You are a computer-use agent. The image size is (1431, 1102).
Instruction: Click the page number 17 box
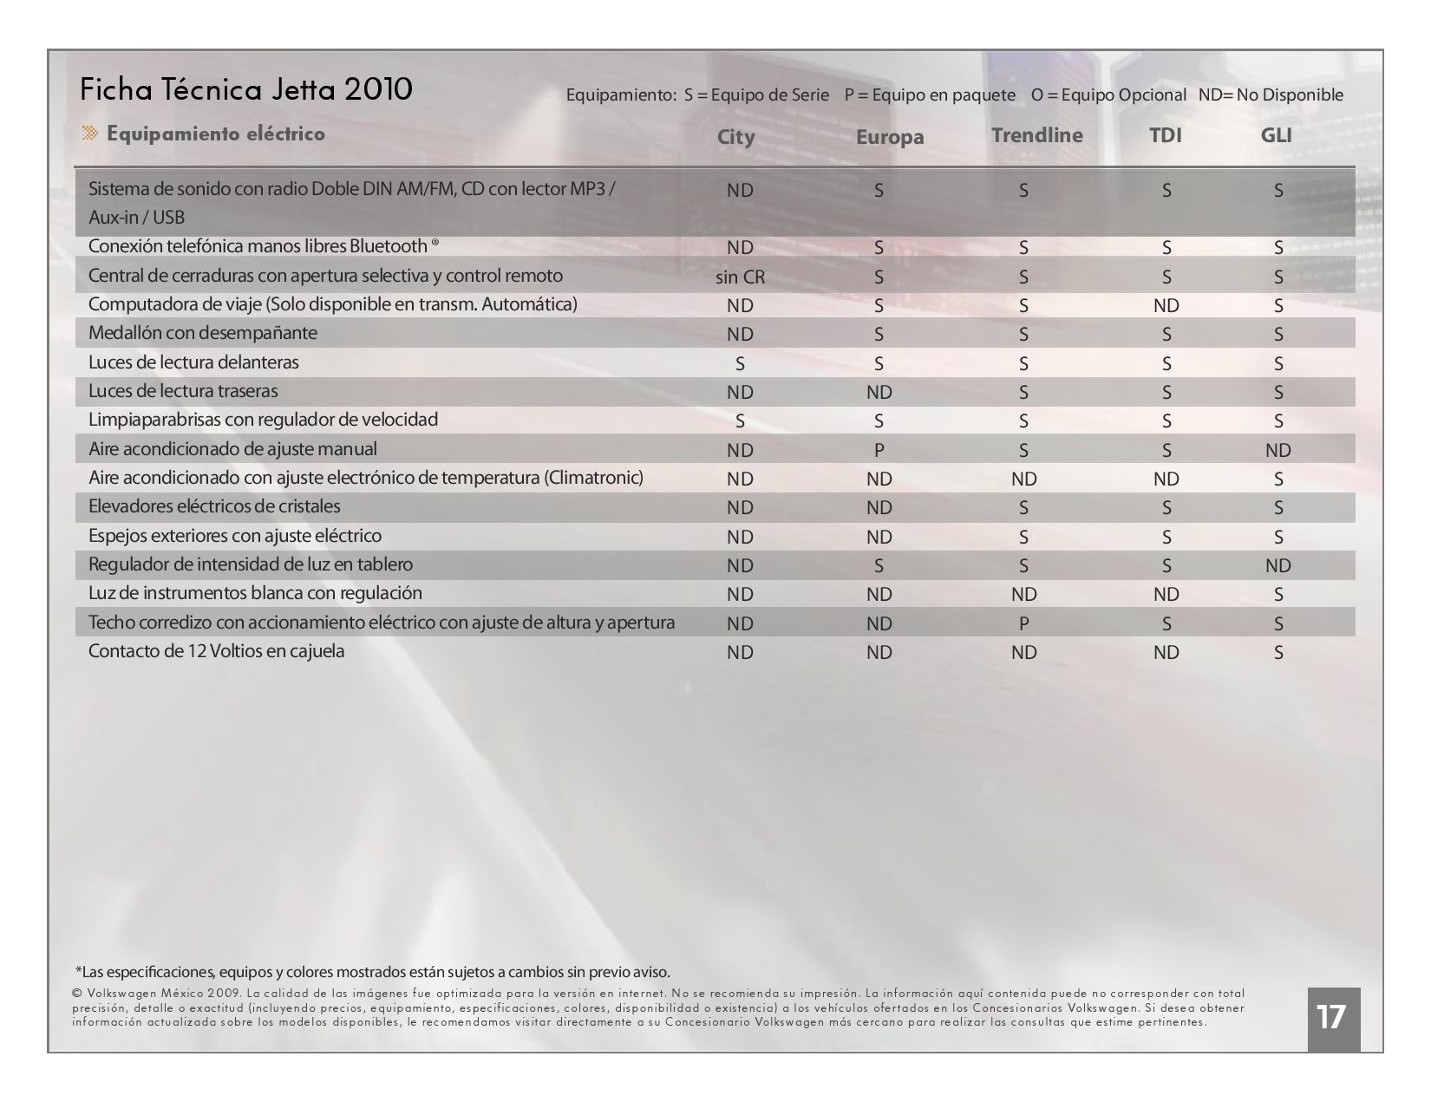point(1333,1019)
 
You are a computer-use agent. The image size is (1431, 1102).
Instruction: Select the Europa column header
point(890,138)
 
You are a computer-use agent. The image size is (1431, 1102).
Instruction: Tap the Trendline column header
point(1036,135)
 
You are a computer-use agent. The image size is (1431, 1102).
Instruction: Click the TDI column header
point(1165,135)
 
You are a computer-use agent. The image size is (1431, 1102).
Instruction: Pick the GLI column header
point(1276,135)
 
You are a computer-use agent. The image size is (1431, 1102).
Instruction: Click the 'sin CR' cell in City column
point(740,277)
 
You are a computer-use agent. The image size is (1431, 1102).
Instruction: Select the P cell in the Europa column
point(879,450)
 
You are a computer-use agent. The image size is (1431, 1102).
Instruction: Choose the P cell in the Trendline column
point(1023,623)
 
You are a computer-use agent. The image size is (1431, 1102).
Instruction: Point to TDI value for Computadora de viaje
point(1166,305)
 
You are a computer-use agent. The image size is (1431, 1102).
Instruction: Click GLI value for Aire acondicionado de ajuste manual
point(1277,450)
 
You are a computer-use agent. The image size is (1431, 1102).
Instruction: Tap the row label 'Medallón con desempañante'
point(203,333)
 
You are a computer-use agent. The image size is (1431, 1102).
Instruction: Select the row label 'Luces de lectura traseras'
point(183,391)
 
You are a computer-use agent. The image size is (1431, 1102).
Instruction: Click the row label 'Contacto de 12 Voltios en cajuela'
point(216,651)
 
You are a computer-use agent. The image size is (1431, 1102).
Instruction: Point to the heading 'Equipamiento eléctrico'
point(216,134)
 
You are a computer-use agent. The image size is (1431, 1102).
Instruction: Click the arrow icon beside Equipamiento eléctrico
point(90,133)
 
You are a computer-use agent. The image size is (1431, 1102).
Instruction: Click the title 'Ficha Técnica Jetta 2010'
point(245,89)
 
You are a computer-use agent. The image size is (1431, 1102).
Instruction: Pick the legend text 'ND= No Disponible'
point(1271,95)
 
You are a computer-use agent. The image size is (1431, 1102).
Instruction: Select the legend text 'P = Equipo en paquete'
point(930,95)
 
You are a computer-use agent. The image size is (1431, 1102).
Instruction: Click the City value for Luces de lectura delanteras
point(740,363)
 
